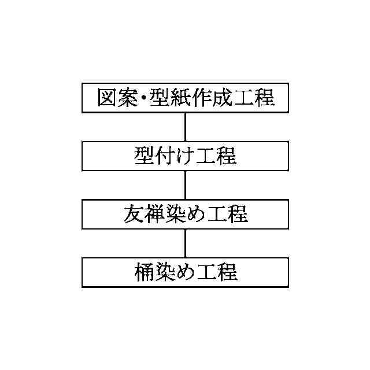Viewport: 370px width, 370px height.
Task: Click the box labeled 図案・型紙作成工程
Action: pyautogui.click(x=185, y=98)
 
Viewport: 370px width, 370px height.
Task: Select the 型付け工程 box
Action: pyautogui.click(x=185, y=156)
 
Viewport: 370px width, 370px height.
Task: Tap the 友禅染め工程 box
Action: pyautogui.click(x=185, y=214)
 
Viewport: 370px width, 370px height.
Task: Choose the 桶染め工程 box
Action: pyautogui.click(x=185, y=272)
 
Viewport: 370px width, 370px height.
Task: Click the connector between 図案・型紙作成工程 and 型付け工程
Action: pyautogui.click(x=185, y=127)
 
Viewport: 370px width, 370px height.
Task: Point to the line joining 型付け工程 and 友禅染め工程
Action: pyautogui.click(x=185, y=185)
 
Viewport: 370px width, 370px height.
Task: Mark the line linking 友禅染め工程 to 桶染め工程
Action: pyautogui.click(x=185, y=243)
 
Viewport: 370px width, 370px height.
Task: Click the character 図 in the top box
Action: pyautogui.click(x=108, y=98)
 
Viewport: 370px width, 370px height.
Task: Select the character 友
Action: pyautogui.click(x=134, y=214)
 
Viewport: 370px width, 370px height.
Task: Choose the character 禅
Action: pyautogui.click(x=154, y=214)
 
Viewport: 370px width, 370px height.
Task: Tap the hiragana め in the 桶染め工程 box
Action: pyautogui.click(x=185, y=272)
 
